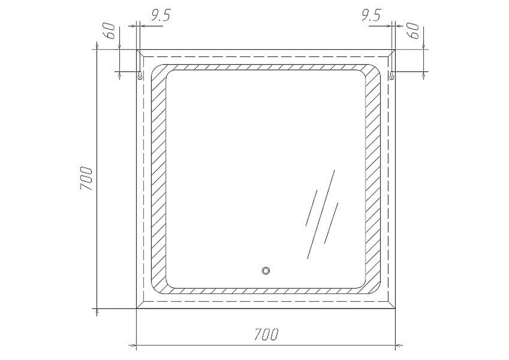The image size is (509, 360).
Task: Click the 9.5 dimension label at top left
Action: tap(160, 15)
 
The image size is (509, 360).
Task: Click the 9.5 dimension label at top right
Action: tap(371, 15)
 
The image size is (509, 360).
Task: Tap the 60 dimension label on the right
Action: tap(412, 31)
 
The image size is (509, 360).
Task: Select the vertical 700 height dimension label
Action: tap(86, 179)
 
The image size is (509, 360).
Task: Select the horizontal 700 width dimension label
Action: tap(266, 334)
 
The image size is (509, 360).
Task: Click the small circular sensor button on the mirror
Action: tap(266, 271)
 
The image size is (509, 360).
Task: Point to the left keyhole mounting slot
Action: tap(140, 76)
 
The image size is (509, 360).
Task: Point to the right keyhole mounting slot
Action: tap(392, 76)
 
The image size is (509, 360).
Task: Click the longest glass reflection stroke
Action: tap(321, 214)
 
